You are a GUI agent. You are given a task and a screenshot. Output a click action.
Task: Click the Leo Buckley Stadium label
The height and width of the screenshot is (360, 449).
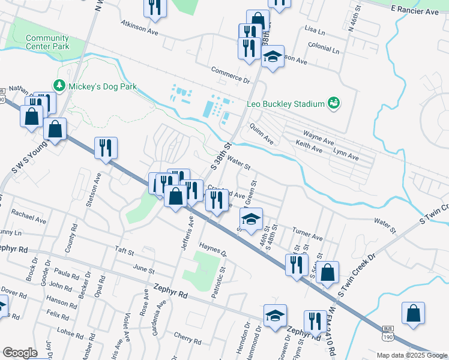(x=285, y=104)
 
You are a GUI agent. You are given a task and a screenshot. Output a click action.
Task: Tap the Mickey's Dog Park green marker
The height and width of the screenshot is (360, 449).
(x=59, y=86)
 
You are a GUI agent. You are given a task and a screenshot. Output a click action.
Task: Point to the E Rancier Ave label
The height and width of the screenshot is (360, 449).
(x=414, y=11)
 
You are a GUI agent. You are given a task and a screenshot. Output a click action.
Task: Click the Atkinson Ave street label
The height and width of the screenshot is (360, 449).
(x=139, y=28)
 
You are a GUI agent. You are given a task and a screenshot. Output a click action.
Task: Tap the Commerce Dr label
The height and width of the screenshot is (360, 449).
(x=230, y=74)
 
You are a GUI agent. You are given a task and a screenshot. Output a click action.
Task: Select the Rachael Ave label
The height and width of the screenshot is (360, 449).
(x=29, y=217)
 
